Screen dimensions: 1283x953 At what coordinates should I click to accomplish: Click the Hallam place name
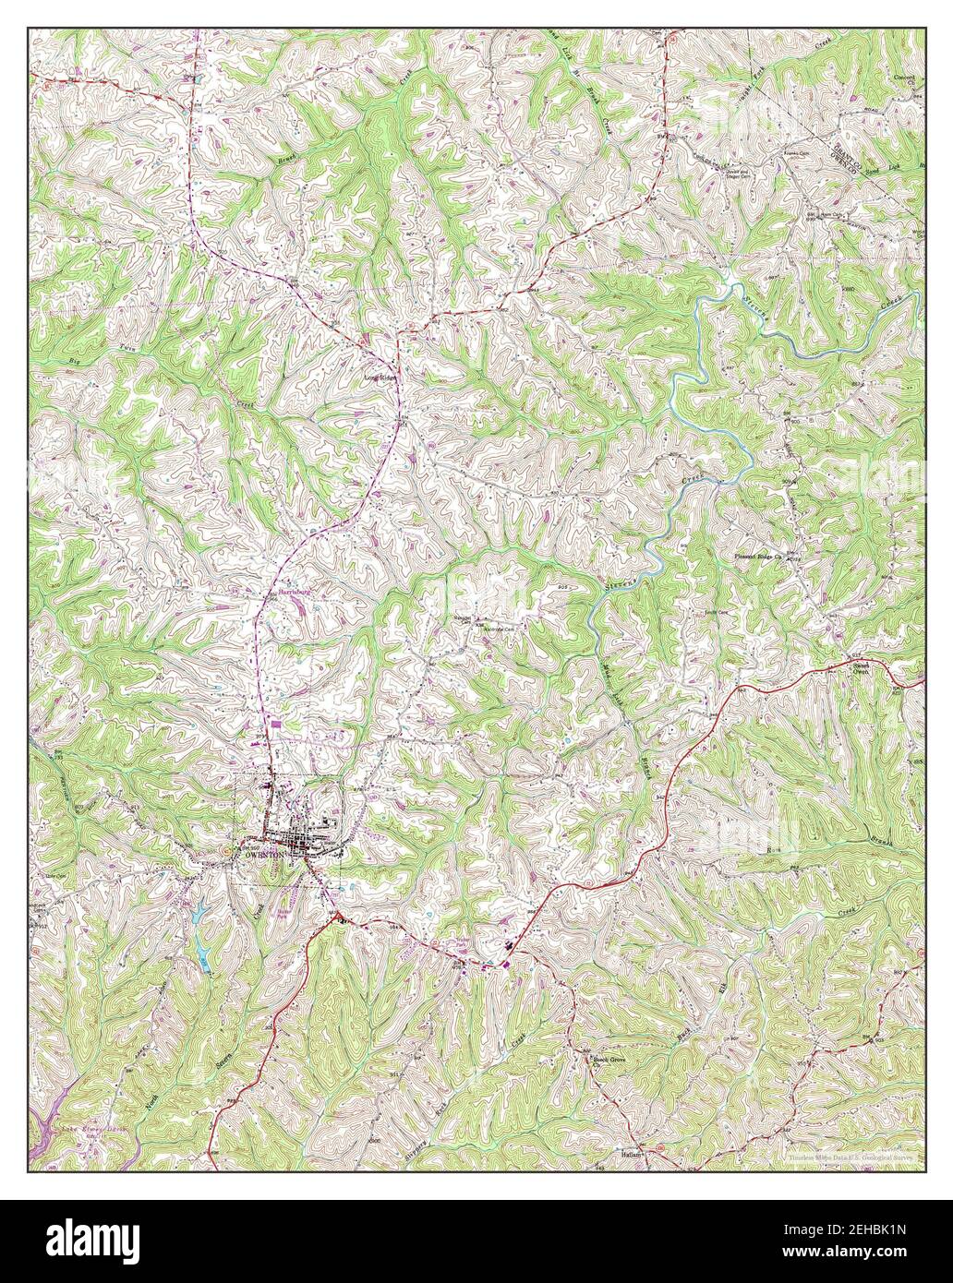click(633, 1154)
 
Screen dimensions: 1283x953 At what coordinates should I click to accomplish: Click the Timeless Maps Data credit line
click(850, 1157)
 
